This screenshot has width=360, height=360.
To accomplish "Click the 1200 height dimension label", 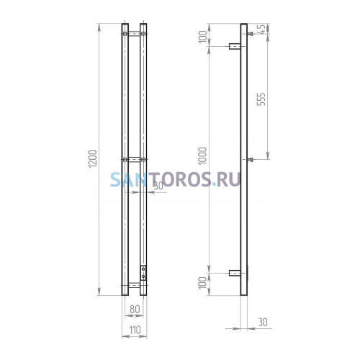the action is (93, 158).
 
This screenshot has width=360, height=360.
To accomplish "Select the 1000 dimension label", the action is (203, 156).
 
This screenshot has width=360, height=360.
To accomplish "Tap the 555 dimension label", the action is (261, 99).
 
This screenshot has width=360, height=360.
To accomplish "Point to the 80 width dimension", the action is (135, 309).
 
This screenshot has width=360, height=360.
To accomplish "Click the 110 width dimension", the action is (135, 330).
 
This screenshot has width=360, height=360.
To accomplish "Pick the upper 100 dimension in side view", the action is (203, 37).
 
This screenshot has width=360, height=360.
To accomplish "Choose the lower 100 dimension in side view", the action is (203, 283).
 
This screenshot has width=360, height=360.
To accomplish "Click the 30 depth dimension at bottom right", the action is (263, 322).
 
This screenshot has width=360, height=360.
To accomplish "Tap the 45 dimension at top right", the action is (263, 29).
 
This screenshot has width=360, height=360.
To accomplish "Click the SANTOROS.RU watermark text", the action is (176, 179).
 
